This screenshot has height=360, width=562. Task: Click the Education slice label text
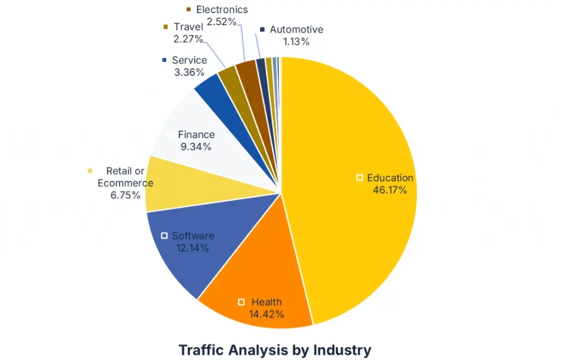pos(390,178)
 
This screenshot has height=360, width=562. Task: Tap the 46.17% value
pos(390,190)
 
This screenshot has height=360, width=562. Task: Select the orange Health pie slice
pos(258,274)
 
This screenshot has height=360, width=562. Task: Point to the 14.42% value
pos(267,314)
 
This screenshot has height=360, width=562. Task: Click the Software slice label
pos(193,236)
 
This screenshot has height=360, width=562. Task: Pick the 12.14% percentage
pos(193,248)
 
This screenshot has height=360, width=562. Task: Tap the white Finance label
pos(196,134)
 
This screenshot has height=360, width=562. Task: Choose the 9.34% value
pos(196,147)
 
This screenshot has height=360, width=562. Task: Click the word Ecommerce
pos(125,183)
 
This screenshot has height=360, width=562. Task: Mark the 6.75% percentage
pos(126,195)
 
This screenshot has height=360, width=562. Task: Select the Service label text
pos(189,60)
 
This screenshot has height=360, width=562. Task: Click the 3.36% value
pos(189,72)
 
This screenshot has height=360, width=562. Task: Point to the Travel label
pos(188,27)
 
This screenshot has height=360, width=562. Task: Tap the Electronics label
pos(222,10)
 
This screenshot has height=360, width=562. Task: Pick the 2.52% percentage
pos(222,22)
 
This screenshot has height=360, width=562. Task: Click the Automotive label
pos(296,30)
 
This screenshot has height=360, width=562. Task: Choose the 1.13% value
pos(297,42)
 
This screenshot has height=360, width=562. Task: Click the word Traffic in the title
pos(203,350)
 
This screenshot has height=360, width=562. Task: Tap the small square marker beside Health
pos(241,302)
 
